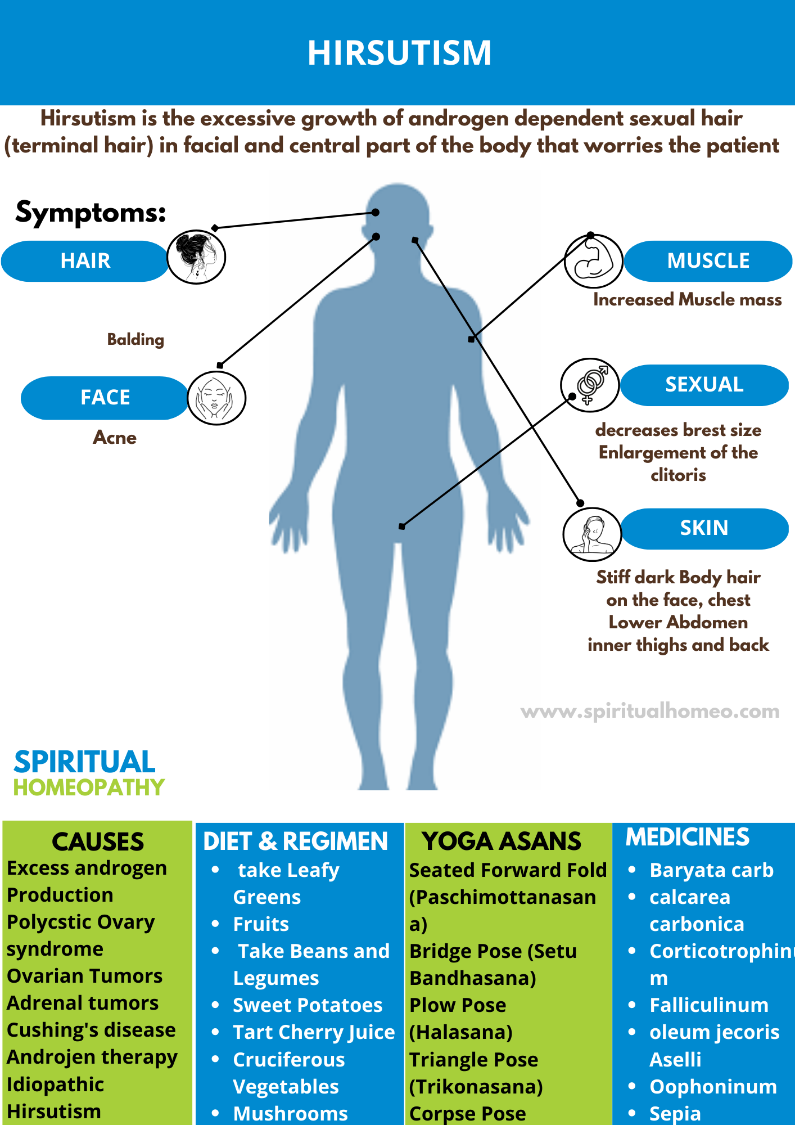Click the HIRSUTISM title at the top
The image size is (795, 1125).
pos(399,53)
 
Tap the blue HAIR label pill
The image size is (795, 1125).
pos(85,261)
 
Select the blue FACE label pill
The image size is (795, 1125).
pos(105,398)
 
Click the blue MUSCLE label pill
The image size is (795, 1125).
pos(708,261)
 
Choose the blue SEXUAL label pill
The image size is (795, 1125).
pos(704,385)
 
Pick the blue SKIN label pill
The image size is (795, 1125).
pos(704,528)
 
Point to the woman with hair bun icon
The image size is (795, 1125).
pos(196,257)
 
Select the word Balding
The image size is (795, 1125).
pos(135,339)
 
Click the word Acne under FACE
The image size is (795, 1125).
pos(115,438)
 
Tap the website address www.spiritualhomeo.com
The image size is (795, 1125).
pos(650,712)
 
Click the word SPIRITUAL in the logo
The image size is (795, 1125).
pos(84,762)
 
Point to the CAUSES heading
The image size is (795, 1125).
pos(98,842)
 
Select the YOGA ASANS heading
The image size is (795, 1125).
pos(502,841)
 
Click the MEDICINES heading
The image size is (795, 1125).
pos(687,837)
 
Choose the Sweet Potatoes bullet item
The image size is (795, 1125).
pos(308,1005)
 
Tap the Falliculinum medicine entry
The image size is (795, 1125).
pos(708,1005)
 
